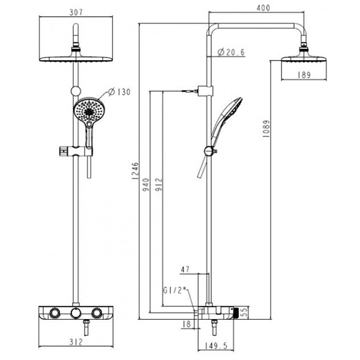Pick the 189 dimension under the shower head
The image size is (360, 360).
click(x=305, y=75)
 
